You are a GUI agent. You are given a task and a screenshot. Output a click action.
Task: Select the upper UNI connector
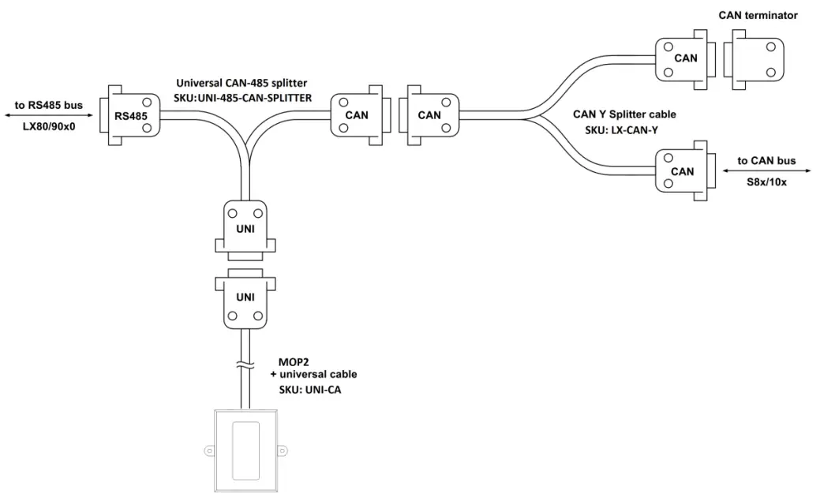pos(245,229)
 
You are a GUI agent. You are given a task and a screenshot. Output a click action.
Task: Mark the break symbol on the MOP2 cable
pos(245,365)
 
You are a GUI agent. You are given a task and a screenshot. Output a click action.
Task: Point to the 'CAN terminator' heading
pos(758,15)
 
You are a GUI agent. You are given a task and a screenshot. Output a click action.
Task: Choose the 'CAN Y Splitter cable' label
pos(623,114)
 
